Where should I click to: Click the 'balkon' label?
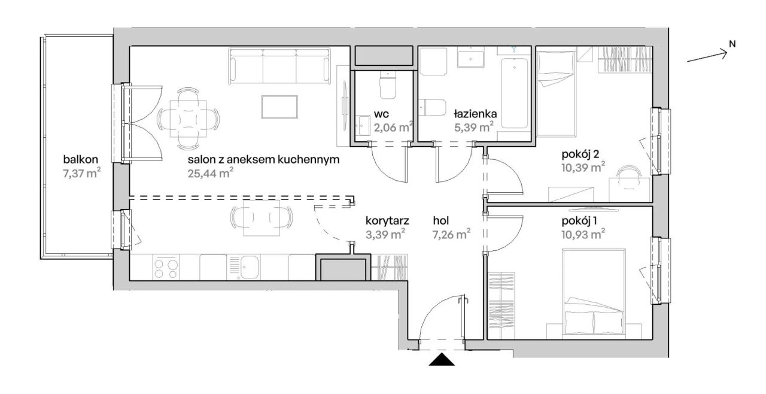pos(81,159)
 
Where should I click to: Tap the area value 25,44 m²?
pos(211,173)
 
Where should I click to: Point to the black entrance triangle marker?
pos(442,359)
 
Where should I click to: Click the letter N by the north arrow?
pos(732,44)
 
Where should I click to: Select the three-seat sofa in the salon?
pos(279,66)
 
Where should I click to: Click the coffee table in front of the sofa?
pos(279,107)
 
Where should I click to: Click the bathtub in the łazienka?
pos(514,93)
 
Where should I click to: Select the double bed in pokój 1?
pos(594,292)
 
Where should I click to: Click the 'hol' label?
pos(441,221)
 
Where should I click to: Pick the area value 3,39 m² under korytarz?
pos(385,235)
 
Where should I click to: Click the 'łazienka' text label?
pos(475,114)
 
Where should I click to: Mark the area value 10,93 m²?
pos(583,235)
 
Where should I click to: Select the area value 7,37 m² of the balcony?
pos(82,174)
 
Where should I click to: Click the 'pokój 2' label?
pos(580,154)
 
